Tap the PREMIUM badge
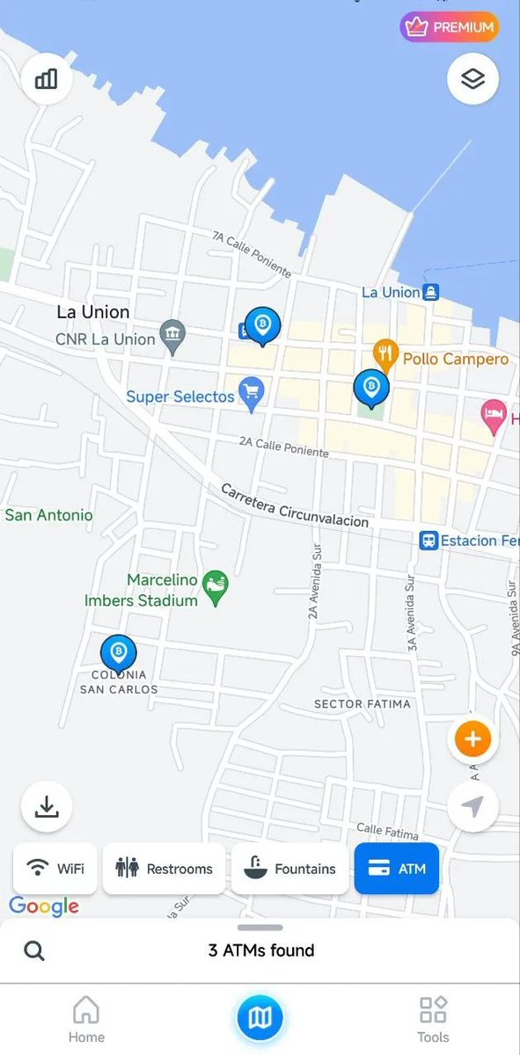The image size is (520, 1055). pyautogui.click(x=450, y=27)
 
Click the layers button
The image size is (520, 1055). pyautogui.click(x=472, y=79)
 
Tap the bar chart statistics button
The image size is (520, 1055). pyautogui.click(x=47, y=79)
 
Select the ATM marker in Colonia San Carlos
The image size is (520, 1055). pyautogui.click(x=118, y=653)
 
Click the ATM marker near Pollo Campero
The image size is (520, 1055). pyautogui.click(x=371, y=387)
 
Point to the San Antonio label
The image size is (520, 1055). pyautogui.click(x=48, y=515)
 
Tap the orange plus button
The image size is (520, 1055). pyautogui.click(x=472, y=739)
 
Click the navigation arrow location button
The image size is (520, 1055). pyautogui.click(x=472, y=806)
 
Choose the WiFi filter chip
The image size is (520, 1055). pyautogui.click(x=55, y=869)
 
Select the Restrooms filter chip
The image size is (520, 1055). pyautogui.click(x=164, y=869)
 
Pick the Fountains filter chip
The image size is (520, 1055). pyautogui.click(x=289, y=869)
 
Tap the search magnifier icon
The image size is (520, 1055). pyautogui.click(x=34, y=950)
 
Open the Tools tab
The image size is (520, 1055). pyautogui.click(x=433, y=1020)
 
